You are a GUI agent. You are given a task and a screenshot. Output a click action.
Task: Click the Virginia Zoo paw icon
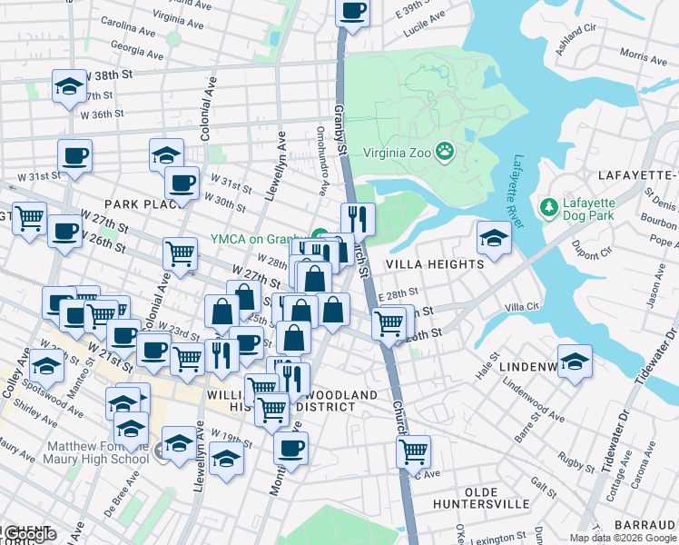point(445,152)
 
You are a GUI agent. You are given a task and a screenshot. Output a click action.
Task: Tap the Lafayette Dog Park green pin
point(548,208)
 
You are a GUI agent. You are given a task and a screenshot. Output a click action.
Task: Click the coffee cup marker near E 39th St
point(353,11)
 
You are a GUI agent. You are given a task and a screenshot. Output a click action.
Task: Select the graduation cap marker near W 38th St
point(69,87)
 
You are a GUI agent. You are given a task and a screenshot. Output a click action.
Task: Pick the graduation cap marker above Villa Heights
point(494,238)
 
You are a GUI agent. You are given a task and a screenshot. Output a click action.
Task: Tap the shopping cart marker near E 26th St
point(389,322)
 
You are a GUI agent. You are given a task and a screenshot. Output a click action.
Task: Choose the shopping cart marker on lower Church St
point(413,451)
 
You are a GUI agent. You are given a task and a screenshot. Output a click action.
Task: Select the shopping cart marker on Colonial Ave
point(181,253)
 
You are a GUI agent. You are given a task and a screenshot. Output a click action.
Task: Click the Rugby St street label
point(575,464)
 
